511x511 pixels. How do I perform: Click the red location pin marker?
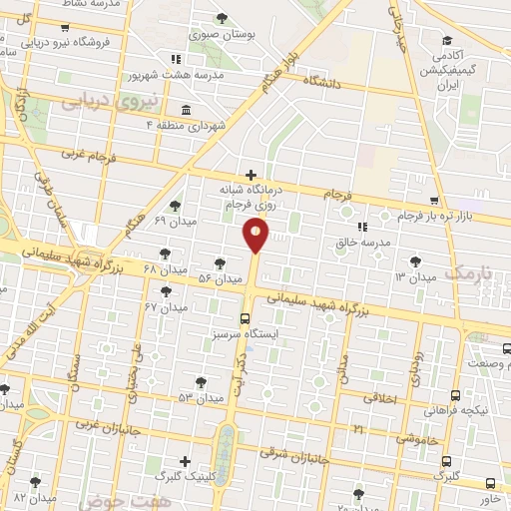click(x=255, y=236)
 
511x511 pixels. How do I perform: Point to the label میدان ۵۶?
click(x=221, y=277)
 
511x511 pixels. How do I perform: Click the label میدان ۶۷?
click(x=166, y=306)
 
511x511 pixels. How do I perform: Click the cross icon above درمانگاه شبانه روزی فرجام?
click(x=251, y=176)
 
